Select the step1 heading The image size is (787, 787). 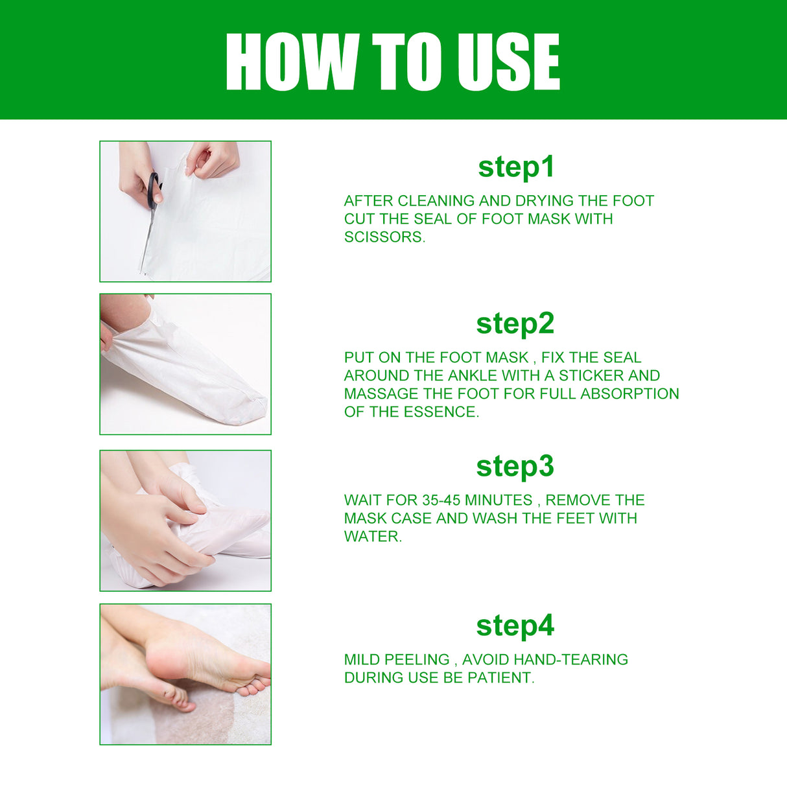516,167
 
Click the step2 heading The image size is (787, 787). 515,323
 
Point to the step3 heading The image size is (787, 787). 515,466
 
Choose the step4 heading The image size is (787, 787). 515,626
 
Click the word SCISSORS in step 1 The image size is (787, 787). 383,237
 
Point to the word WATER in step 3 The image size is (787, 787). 371,537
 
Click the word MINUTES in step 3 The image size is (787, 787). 498,500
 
